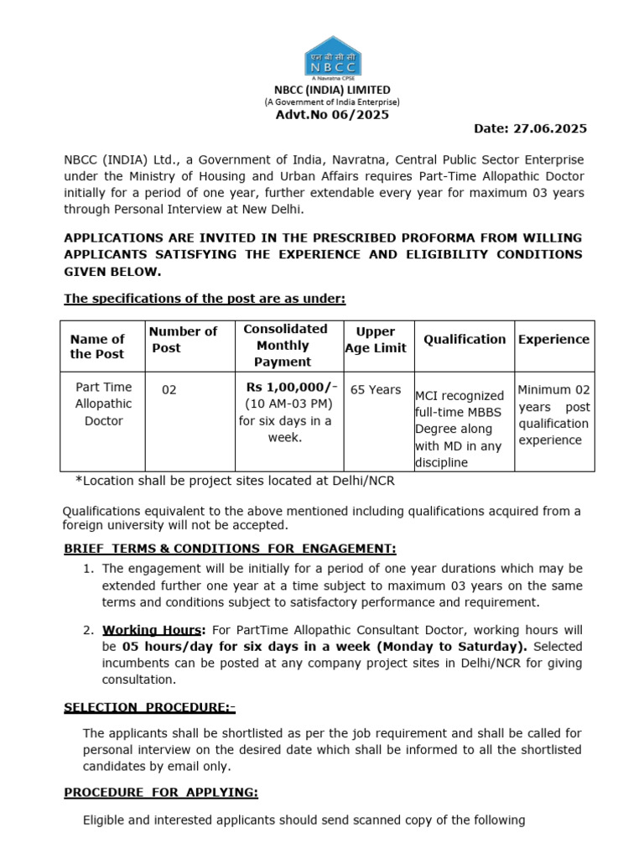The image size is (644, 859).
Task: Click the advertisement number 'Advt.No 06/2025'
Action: click(333, 115)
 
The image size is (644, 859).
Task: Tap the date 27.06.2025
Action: click(530, 128)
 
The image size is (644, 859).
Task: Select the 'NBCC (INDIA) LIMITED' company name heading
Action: click(333, 90)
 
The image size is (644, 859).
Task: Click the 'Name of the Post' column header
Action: click(97, 346)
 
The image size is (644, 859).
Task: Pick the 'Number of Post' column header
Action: click(184, 340)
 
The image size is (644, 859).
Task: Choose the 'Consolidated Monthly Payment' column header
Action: click(283, 345)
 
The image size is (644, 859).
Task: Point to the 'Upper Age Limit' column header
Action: click(375, 340)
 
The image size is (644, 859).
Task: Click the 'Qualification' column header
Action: click(465, 339)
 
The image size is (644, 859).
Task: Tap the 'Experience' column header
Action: click(553, 339)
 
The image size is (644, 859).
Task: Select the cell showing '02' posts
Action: click(169, 390)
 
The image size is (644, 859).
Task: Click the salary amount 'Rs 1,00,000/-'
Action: click(292, 387)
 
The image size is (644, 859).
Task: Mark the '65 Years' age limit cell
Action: click(374, 389)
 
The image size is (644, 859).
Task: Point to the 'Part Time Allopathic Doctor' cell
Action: click(104, 404)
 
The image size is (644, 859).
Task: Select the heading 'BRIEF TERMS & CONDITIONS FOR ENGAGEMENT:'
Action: click(230, 549)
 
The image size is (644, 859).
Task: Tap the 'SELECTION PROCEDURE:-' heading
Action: click(149, 707)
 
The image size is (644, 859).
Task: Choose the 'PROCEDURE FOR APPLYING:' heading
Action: click(161, 793)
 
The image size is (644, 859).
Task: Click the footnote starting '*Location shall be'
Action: click(235, 482)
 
